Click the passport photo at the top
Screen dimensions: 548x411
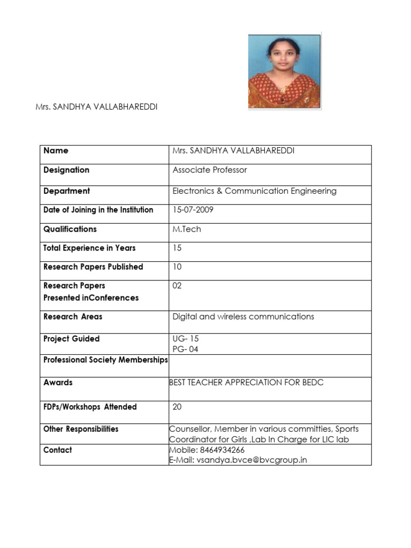pos(284,71)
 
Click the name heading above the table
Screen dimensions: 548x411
pos(96,107)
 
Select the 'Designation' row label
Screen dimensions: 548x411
pos(66,170)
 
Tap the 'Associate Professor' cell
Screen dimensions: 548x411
pos(210,170)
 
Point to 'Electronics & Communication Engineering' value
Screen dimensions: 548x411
pos(254,191)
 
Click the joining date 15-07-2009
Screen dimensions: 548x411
pos(193,210)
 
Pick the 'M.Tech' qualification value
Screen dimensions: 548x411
pos(187,229)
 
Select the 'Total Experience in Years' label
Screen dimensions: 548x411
pos(89,248)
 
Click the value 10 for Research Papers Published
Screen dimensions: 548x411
pos(177,267)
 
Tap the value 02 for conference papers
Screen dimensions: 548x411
pos(177,286)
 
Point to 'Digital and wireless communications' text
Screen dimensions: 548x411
pos(243,317)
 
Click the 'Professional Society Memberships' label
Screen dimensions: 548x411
pos(105,360)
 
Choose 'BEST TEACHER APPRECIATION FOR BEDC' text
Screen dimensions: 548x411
pos(246,383)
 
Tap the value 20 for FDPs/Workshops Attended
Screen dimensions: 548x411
pos(177,407)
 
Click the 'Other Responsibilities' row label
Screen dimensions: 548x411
pos(81,429)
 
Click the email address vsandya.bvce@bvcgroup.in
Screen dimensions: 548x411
pos(252,460)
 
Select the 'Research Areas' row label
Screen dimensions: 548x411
pos(73,317)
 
